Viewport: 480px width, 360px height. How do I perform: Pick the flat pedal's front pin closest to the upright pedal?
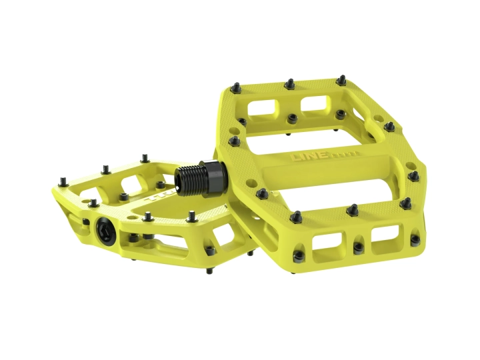tap(191, 215)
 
